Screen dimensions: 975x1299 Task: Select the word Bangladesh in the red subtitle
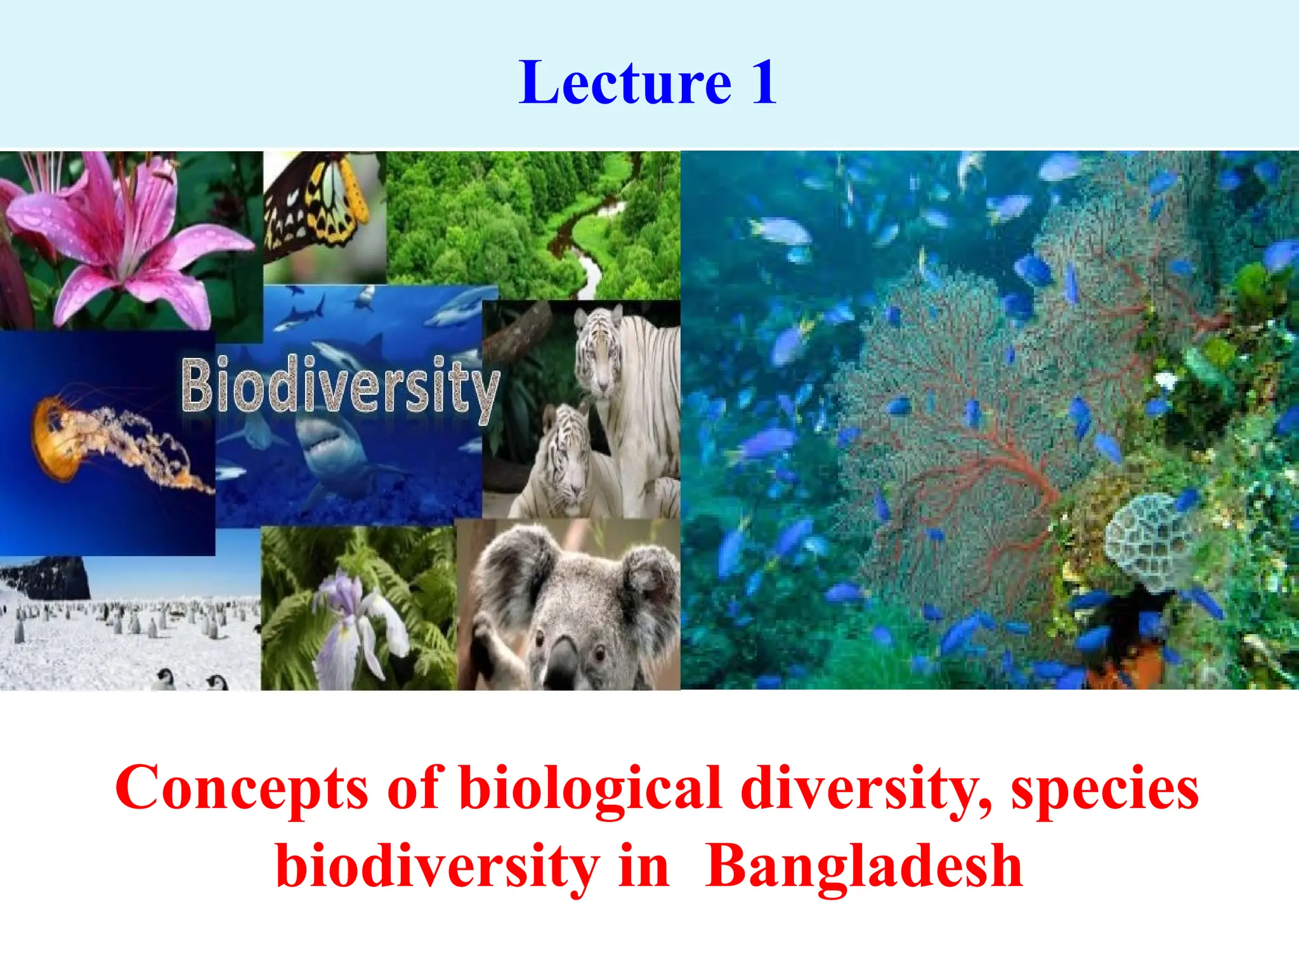(864, 867)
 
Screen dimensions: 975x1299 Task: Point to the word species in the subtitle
(1104, 788)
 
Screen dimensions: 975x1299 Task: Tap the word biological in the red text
(591, 788)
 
